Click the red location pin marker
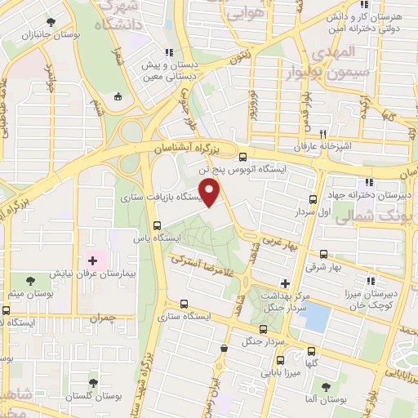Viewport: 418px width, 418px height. tap(211, 193)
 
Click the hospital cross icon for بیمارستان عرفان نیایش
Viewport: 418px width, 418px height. tap(92, 262)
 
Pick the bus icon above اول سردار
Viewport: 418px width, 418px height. tap(313, 199)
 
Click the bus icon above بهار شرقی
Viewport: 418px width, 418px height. tap(324, 253)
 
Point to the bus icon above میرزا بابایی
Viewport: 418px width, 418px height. tap(280, 359)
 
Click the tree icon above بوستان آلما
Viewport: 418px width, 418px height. tap(325, 387)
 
